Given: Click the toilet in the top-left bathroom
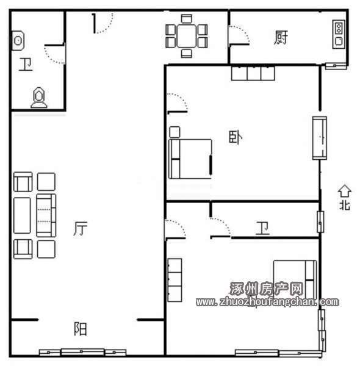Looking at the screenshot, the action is coord(39,98).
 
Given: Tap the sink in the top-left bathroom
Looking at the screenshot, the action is coord(18,41).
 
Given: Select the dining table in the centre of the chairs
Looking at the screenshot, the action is coord(186,36).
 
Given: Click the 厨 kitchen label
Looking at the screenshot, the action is coord(281,37).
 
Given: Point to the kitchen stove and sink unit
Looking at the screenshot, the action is coord(339,35).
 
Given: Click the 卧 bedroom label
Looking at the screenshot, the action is coord(236,137).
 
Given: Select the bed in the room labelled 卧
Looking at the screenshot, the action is coord(190,159).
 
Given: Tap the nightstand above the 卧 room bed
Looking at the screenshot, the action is coord(175,132).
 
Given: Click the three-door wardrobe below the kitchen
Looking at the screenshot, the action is coord(253,73).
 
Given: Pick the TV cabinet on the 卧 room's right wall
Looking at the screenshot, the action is coord(320,138).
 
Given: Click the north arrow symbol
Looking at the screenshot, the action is coord(345,191).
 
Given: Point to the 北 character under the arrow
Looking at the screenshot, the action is coord(345,206).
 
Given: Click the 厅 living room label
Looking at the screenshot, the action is coord(81,228).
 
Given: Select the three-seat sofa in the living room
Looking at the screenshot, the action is coord(46,215).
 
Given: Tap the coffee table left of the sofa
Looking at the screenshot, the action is coord(22,215).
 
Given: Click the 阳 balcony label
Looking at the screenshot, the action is coord(81,329).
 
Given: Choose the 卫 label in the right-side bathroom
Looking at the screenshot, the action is coord(262,228).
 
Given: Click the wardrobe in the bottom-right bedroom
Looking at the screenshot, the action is coord(175,280).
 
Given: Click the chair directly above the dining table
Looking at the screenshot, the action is coord(187,19).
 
